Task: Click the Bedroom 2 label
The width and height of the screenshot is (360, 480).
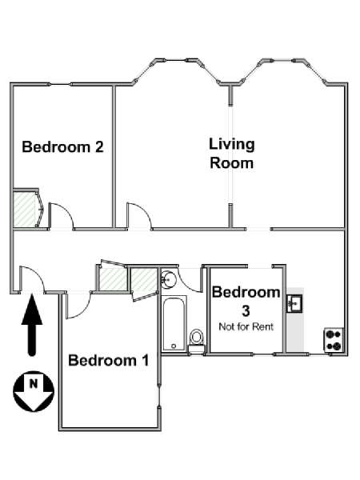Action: point(62,147)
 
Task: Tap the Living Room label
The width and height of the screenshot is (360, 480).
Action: point(232,154)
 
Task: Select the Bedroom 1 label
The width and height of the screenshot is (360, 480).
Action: point(109,360)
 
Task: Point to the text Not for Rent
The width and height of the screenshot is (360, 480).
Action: point(246,326)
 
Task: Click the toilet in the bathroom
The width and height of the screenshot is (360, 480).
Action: point(196,342)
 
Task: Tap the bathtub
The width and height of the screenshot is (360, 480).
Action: point(174,323)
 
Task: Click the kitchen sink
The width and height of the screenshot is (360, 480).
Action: point(294,303)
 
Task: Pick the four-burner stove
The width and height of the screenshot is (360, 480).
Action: point(334,339)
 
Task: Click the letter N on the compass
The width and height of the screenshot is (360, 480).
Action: point(34,383)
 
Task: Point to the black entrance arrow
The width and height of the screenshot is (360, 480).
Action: point(32,325)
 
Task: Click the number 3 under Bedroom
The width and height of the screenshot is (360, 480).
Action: point(246,311)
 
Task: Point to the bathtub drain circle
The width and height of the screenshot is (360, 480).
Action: point(174,346)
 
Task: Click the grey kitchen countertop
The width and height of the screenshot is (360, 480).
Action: point(295,320)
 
